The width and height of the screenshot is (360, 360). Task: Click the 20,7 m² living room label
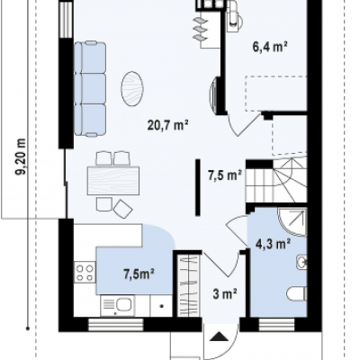[x=167, y=125]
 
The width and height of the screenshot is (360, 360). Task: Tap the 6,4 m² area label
[x=270, y=47]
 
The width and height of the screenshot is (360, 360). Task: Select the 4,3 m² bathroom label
[x=273, y=244]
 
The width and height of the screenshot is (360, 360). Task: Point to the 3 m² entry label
[x=225, y=294]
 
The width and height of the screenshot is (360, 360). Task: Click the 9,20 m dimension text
[x=21, y=157]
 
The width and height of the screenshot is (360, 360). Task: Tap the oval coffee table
[x=132, y=88]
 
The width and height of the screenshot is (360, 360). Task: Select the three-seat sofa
[x=90, y=89]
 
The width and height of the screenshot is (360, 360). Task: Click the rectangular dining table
[x=113, y=181]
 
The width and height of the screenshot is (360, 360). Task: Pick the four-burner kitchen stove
[x=85, y=273]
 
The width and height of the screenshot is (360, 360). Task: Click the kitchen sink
[x=118, y=305]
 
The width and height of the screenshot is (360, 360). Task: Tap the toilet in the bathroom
[x=296, y=293]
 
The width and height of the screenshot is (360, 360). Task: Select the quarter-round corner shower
[x=292, y=221]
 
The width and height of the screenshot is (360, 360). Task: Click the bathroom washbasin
[x=301, y=262]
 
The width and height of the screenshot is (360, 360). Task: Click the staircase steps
[x=276, y=181]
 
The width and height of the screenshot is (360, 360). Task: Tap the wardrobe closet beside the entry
[x=188, y=285]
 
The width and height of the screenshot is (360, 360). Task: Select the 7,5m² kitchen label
[x=139, y=274]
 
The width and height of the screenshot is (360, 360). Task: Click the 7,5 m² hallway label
[x=225, y=175]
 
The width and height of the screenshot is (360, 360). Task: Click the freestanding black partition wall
[x=198, y=187]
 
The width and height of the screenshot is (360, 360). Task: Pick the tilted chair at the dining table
[x=122, y=209]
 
